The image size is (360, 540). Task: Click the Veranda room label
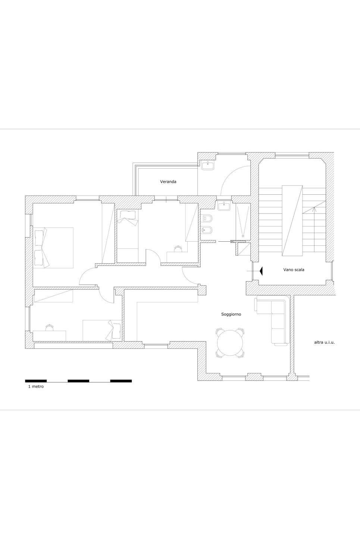pyautogui.click(x=168, y=182)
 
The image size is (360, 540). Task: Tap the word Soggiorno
pyautogui.click(x=231, y=314)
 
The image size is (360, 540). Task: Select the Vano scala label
pyautogui.click(x=294, y=270)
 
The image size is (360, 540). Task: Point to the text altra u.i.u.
pyautogui.click(x=325, y=342)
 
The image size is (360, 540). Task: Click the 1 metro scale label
pyautogui.click(x=36, y=386)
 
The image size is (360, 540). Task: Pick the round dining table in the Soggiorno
pyautogui.click(x=230, y=343)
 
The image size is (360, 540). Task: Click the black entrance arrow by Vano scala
pyautogui.click(x=260, y=271)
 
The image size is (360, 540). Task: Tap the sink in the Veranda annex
pyautogui.click(x=208, y=166)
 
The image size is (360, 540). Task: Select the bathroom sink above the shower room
pyautogui.click(x=224, y=206)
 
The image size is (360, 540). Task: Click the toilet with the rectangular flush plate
pyautogui.click(x=206, y=219)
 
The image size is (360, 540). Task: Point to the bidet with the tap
pyautogui.click(x=206, y=230)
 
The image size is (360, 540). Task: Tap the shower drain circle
pyautogui.click(x=243, y=236)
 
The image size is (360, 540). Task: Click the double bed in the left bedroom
pyautogui.click(x=53, y=248)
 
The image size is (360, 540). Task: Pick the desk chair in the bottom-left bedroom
pyautogui.click(x=50, y=327)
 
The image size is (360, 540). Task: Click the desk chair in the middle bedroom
pyautogui.click(x=178, y=249)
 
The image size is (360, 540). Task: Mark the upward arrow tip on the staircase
pyautogui.click(x=314, y=208)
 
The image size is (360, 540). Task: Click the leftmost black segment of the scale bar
pyautogui.click(x=36, y=381)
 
